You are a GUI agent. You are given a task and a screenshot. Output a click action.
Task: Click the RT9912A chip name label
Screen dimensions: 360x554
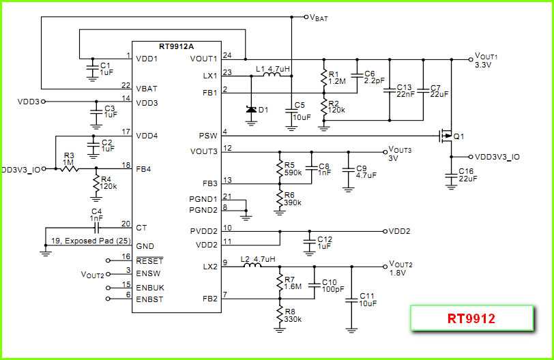[x=176, y=46]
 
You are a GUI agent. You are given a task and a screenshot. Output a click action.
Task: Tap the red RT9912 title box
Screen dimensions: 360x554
[x=471, y=318]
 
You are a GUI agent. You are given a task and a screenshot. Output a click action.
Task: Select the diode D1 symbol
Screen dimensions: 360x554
[x=251, y=110]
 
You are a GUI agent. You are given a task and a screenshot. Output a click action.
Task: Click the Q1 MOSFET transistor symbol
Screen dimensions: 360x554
[x=446, y=136]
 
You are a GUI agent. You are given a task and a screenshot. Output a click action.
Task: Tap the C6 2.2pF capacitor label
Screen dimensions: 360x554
[x=370, y=76]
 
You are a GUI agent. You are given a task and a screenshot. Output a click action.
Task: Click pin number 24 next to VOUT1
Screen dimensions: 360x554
[x=227, y=55]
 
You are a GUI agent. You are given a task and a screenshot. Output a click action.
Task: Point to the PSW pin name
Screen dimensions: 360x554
[x=207, y=136]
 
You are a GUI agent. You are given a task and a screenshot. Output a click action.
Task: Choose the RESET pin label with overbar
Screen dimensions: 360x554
[x=149, y=260]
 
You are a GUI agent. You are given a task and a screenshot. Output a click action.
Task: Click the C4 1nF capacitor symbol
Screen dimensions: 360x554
[x=97, y=227]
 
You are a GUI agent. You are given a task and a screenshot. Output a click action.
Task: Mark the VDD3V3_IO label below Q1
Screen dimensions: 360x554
[x=497, y=157]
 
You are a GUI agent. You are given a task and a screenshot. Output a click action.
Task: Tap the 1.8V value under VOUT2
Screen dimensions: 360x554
[x=397, y=273]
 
